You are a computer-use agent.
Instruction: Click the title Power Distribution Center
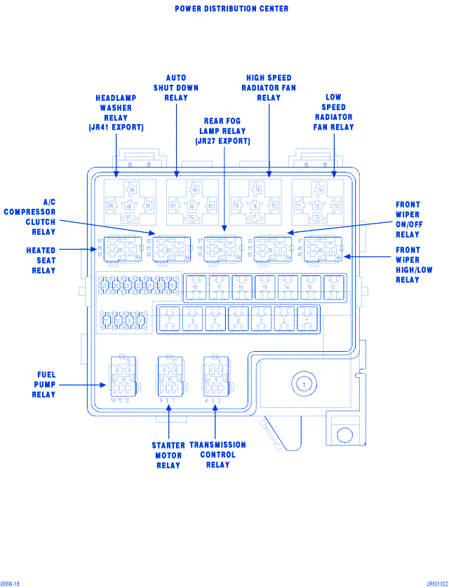[x=232, y=9]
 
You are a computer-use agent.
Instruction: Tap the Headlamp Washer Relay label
[x=116, y=113]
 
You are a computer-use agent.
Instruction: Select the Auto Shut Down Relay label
[x=176, y=88]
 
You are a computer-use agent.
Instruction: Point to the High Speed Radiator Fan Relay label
[x=269, y=88]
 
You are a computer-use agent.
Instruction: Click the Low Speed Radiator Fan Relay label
[x=333, y=112]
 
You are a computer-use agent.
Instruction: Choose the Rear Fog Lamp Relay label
[x=222, y=131]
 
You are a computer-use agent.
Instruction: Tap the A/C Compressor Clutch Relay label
[x=30, y=217]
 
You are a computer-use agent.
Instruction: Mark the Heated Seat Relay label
[x=41, y=260]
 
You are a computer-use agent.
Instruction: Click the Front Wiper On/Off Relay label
[x=408, y=220]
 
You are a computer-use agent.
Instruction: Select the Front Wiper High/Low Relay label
[x=408, y=265]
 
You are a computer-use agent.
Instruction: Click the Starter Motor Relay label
[x=168, y=456]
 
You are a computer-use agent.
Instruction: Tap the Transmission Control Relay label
[x=217, y=455]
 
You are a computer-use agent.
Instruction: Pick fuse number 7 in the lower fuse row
[x=169, y=319]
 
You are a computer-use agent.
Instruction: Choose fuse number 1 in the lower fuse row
[x=307, y=319]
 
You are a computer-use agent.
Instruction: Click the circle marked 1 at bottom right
[x=303, y=385]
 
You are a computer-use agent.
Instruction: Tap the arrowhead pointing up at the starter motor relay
[x=169, y=408]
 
